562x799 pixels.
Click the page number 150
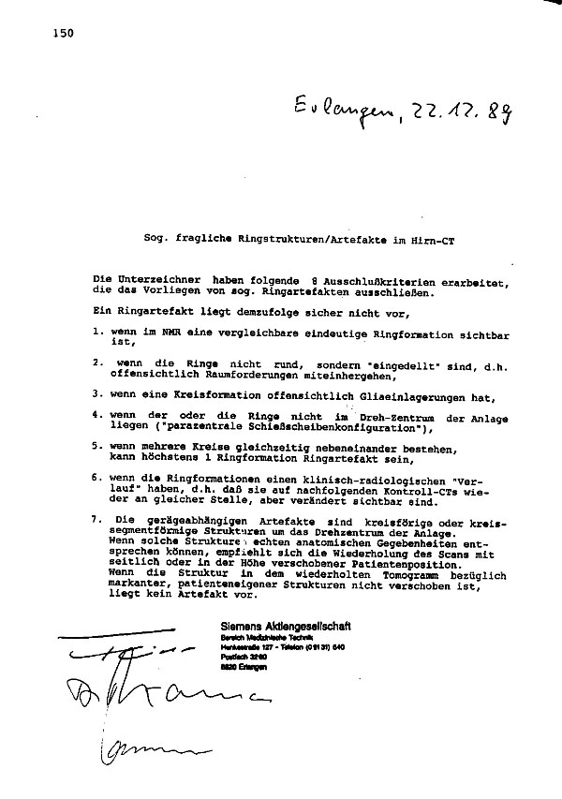(58, 34)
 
